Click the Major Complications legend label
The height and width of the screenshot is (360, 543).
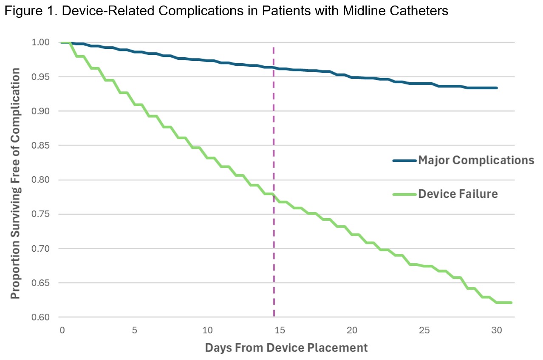476,160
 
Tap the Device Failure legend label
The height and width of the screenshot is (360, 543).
458,194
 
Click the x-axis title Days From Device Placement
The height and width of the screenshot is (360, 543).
286,348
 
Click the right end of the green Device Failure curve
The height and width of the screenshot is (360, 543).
512,303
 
